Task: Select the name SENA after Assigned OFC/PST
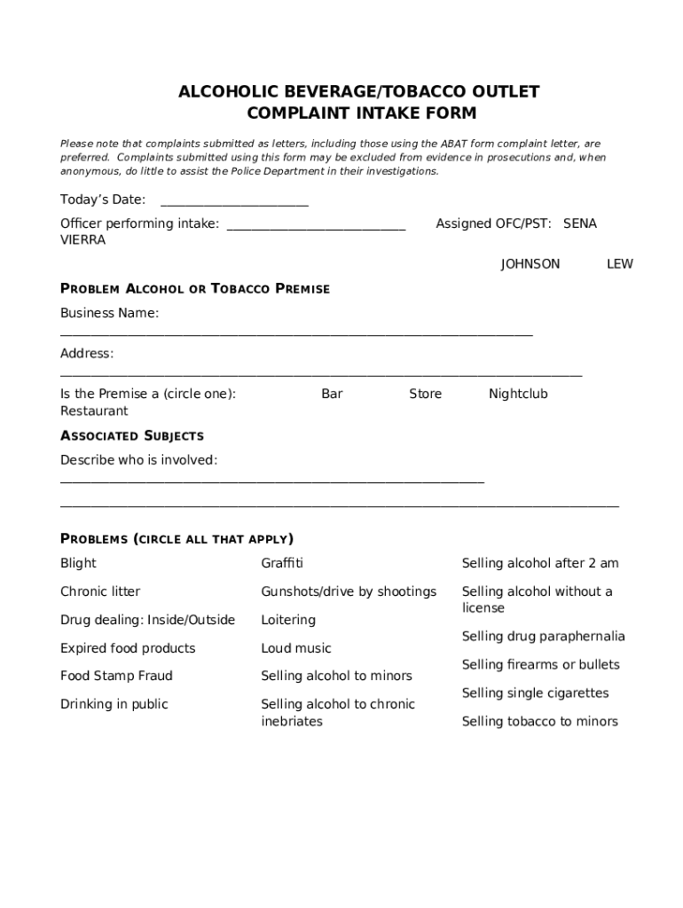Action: click(x=580, y=223)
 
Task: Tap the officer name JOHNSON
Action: click(x=530, y=264)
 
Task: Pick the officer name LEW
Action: click(x=619, y=264)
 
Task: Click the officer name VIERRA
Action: click(x=82, y=240)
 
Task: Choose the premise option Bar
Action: click(x=332, y=394)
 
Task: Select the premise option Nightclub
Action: click(x=518, y=394)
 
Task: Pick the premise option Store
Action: click(x=425, y=394)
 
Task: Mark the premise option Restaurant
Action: click(x=94, y=411)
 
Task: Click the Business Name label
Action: click(x=109, y=313)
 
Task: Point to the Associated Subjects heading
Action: click(x=132, y=435)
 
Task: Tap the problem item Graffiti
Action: click(x=282, y=563)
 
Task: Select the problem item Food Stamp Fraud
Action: click(x=116, y=676)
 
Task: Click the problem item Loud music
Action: click(x=296, y=648)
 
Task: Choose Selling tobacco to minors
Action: click(x=539, y=722)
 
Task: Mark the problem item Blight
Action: click(x=78, y=563)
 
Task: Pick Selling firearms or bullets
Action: click(x=540, y=665)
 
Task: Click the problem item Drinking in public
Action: click(x=114, y=704)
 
